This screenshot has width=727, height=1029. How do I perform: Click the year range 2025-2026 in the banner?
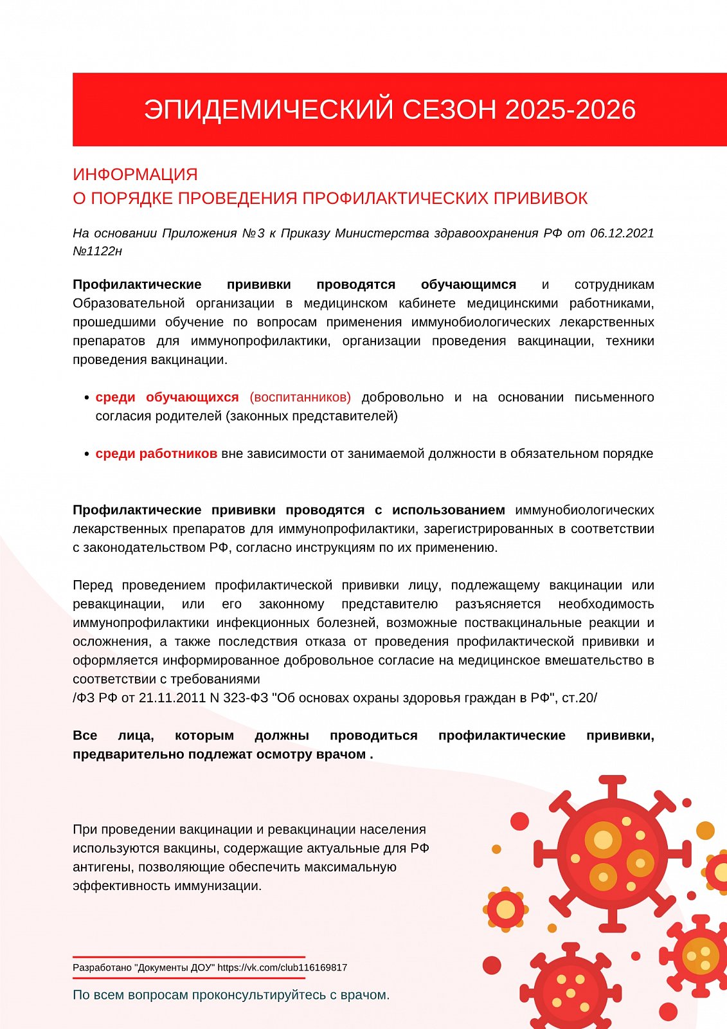(570, 109)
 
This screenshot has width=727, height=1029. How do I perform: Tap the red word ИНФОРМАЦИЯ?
(135, 174)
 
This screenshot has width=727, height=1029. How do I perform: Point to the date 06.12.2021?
(622, 233)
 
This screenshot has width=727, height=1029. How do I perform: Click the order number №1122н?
(97, 251)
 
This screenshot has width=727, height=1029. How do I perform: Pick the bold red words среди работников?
(156, 453)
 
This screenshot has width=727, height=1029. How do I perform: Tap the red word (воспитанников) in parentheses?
(300, 397)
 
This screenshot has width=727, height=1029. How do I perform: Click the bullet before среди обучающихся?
(87, 398)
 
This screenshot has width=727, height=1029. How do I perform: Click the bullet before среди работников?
(87, 454)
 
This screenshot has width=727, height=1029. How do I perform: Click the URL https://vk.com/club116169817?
(282, 967)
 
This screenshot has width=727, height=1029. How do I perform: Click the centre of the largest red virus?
(612, 853)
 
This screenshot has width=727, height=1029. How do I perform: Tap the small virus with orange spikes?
(506, 909)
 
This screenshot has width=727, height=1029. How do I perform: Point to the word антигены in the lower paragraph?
(103, 867)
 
